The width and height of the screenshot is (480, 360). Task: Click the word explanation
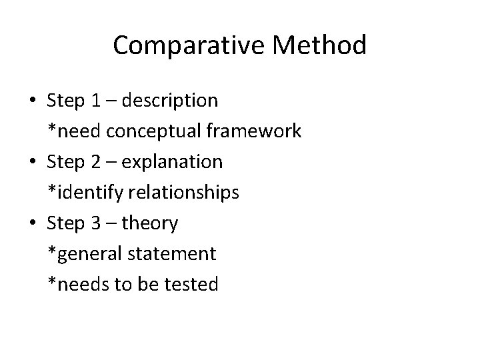[x=174, y=162]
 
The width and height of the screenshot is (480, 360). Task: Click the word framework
[x=253, y=131]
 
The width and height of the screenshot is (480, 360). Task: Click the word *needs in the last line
[x=73, y=285]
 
